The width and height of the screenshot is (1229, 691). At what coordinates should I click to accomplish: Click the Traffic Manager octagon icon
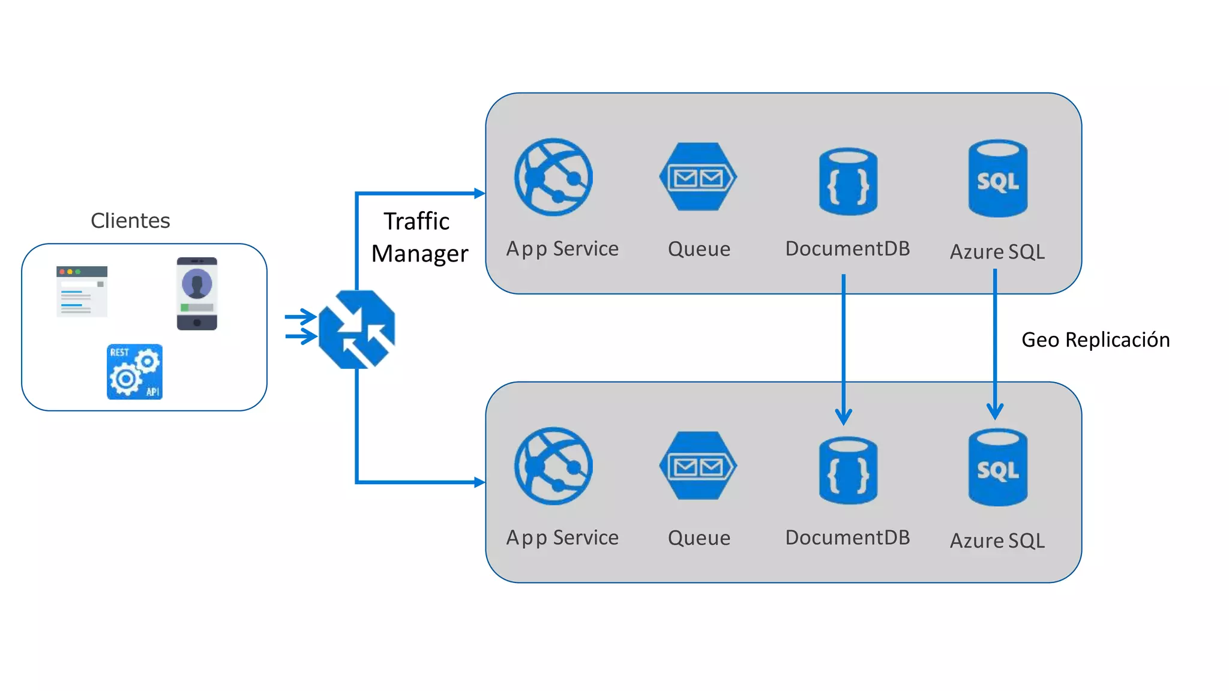pyautogui.click(x=356, y=329)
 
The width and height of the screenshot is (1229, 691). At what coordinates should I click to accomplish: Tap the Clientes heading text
pyautogui.click(x=130, y=221)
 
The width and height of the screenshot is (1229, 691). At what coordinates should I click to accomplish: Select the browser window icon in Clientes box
pyautogui.click(x=82, y=291)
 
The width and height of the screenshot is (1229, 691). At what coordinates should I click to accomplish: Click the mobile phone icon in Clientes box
pyautogui.click(x=197, y=293)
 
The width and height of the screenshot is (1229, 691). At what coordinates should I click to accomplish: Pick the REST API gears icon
pyautogui.click(x=134, y=371)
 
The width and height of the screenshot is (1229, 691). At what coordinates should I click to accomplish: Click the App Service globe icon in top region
pyautogui.click(x=553, y=177)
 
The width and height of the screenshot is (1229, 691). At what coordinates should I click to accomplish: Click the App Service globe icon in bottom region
pyautogui.click(x=553, y=466)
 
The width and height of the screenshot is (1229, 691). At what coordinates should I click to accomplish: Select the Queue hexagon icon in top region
pyautogui.click(x=698, y=177)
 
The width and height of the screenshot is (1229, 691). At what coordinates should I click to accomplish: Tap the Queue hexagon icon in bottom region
pyautogui.click(x=698, y=466)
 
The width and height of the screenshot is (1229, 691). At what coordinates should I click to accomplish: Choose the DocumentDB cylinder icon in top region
pyautogui.click(x=848, y=181)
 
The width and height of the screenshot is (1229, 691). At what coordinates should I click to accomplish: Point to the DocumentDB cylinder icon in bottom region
pyautogui.click(x=848, y=470)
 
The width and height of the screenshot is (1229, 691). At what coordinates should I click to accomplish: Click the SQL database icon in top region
pyautogui.click(x=997, y=178)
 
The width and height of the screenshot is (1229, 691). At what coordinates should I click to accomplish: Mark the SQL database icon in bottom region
pyautogui.click(x=997, y=467)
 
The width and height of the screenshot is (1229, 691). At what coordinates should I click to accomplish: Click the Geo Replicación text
pyautogui.click(x=1095, y=340)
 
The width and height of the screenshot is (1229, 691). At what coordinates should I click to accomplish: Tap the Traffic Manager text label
pyautogui.click(x=419, y=238)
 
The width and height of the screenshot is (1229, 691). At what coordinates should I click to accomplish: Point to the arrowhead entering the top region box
pyautogui.click(x=479, y=193)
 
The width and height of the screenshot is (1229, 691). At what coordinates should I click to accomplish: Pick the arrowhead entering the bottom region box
pyautogui.click(x=479, y=482)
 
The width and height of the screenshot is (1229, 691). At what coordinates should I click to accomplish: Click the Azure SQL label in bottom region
pyautogui.click(x=997, y=540)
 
